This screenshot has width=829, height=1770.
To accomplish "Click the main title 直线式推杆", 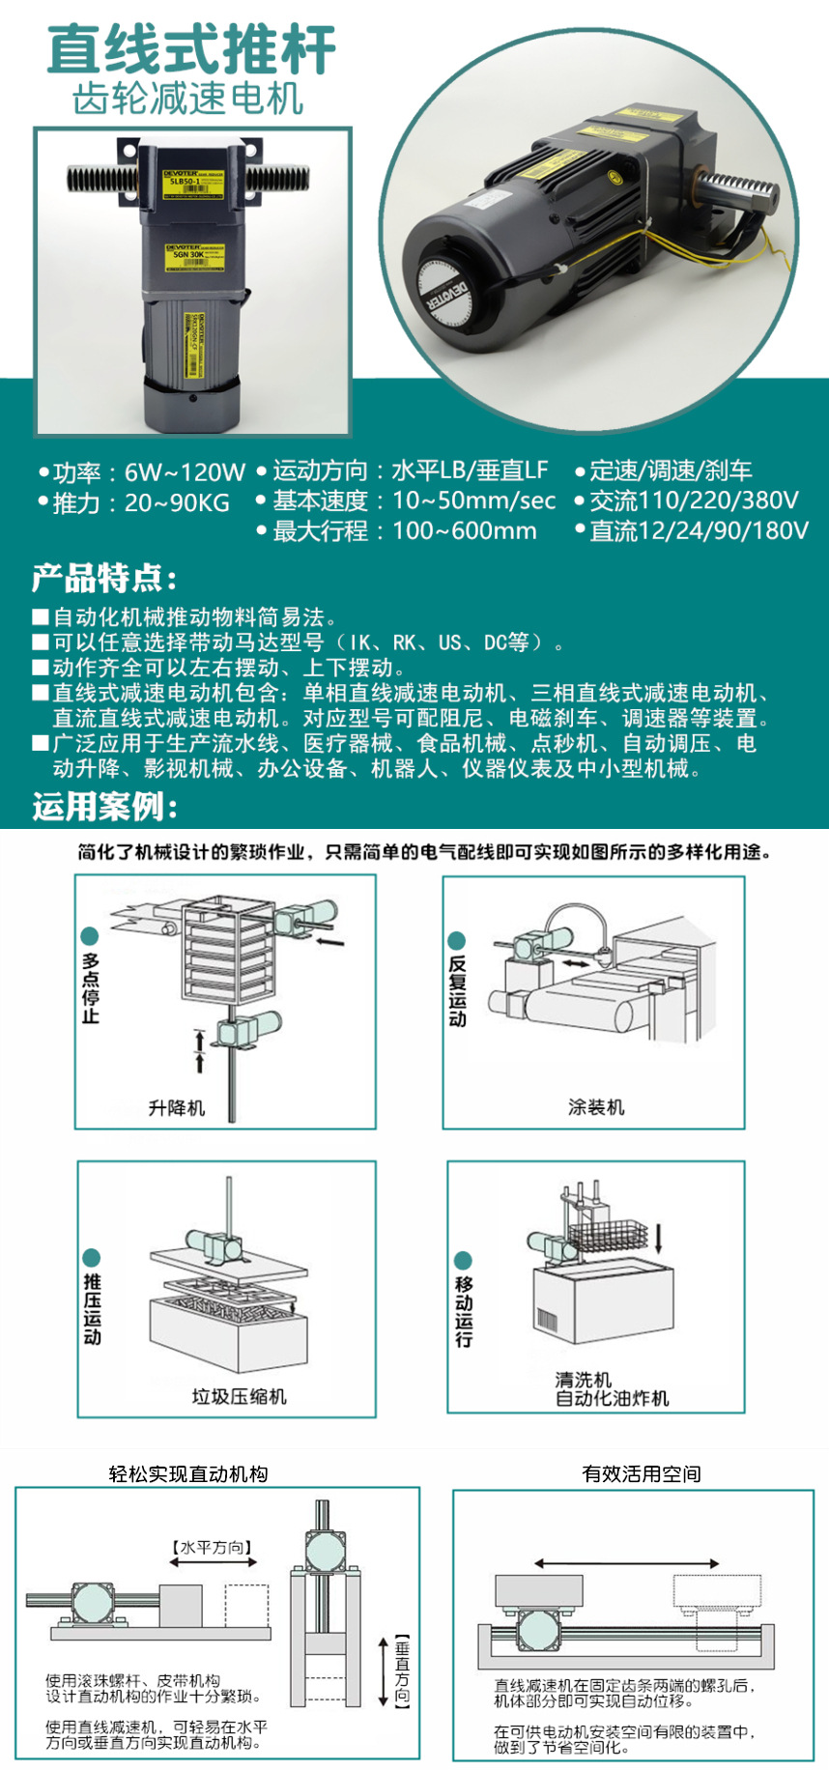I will pyautogui.click(x=191, y=49).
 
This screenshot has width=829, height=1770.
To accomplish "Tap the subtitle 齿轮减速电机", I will pyautogui.click(x=188, y=100).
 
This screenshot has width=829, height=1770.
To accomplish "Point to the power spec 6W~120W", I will pyautogui.click(x=185, y=472).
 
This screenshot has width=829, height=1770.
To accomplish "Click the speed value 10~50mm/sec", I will pyautogui.click(x=473, y=500).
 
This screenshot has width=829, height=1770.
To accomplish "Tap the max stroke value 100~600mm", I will pyautogui.click(x=464, y=530).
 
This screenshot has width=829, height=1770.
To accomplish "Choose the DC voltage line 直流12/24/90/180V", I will pyautogui.click(x=699, y=530).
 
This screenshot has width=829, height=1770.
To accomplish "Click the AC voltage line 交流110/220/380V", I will pyautogui.click(x=694, y=500).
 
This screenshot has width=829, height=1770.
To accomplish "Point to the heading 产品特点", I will pyautogui.click(x=104, y=578).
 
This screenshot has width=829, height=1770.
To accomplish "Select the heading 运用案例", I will pyautogui.click(x=104, y=806).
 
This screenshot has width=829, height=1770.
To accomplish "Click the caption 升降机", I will pyautogui.click(x=177, y=1107).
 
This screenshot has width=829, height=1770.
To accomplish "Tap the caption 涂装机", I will pyautogui.click(x=596, y=1107).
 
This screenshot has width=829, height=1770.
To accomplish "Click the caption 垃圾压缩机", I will pyautogui.click(x=239, y=1396).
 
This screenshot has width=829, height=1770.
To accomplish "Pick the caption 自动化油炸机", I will pyautogui.click(x=612, y=1398).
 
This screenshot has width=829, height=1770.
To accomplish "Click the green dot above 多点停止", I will pyautogui.click(x=90, y=935).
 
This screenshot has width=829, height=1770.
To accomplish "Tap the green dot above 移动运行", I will pyautogui.click(x=463, y=1260).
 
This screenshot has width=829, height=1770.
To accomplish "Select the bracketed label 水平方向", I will pyautogui.click(x=214, y=1547).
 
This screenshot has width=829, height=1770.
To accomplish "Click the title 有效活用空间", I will pyautogui.click(x=642, y=1473).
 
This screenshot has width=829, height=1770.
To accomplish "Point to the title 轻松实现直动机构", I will pyautogui.click(x=188, y=1473).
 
